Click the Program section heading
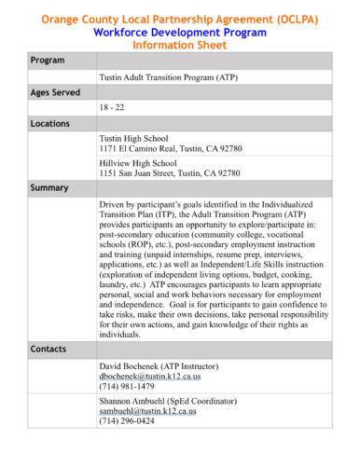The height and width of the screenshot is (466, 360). (47, 60)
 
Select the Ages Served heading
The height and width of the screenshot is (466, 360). (55, 92)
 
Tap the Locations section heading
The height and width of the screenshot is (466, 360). (50, 123)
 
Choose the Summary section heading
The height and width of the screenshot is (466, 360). (49, 187)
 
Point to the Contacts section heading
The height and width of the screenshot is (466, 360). (48, 347)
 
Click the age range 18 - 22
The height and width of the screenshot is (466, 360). (113, 107)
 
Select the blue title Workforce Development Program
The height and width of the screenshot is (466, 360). (179, 31)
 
